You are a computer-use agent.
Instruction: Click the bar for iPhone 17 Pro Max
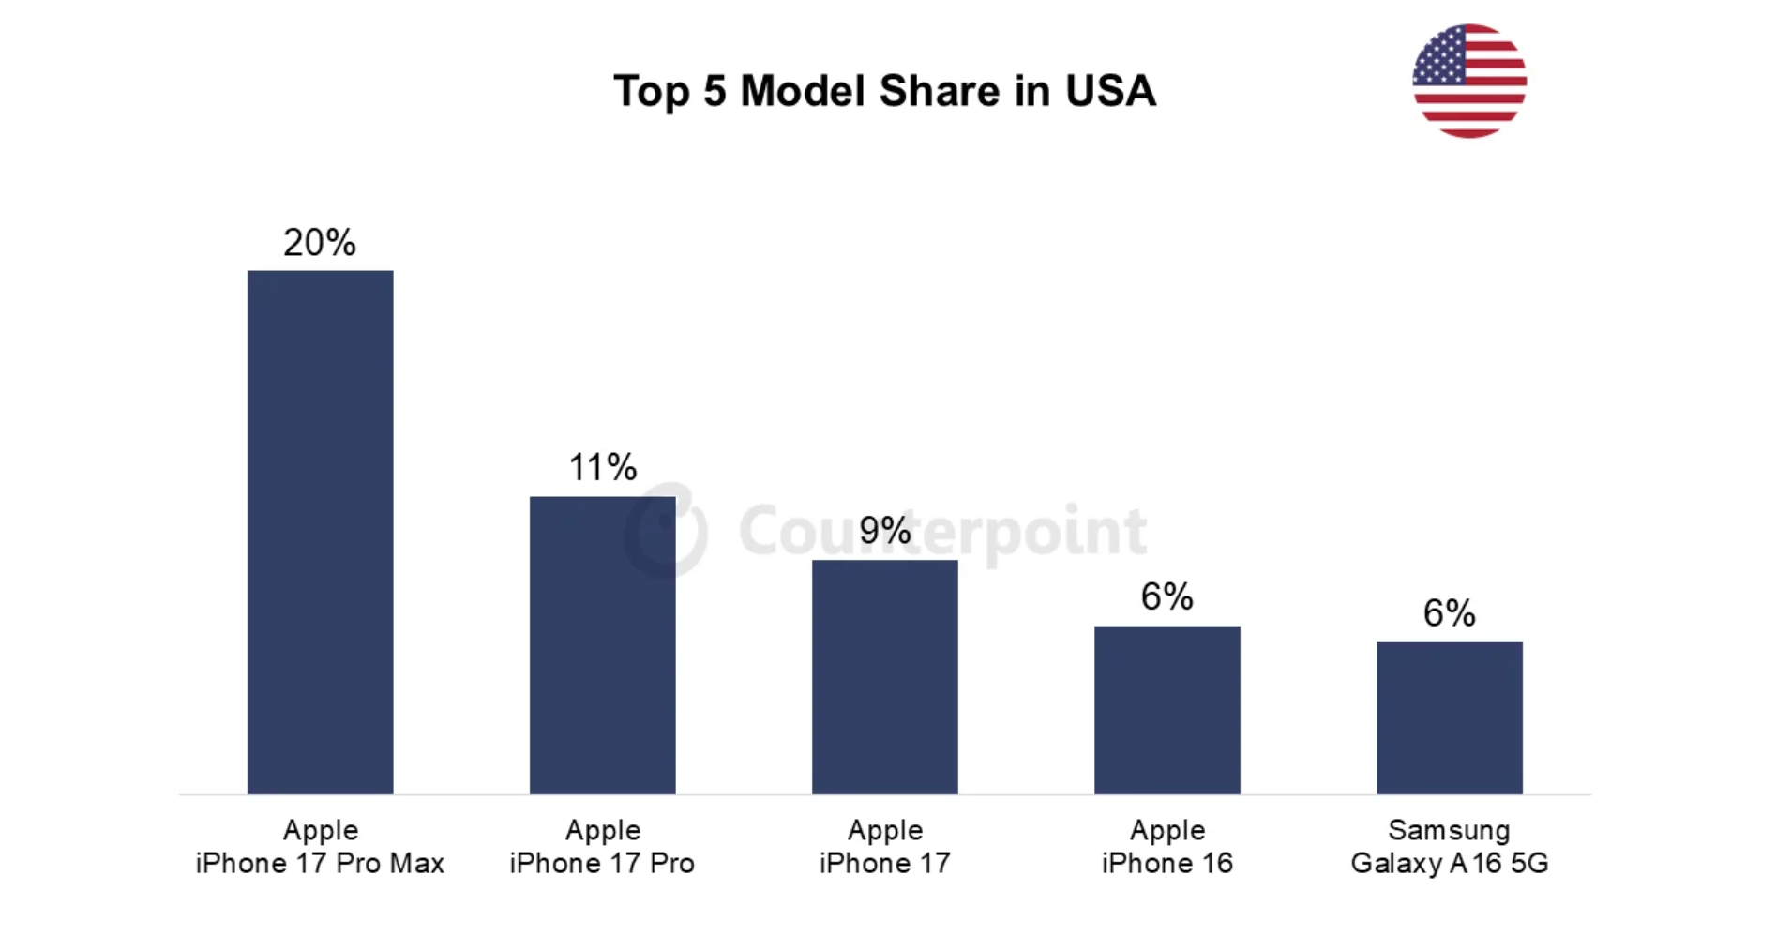(x=320, y=532)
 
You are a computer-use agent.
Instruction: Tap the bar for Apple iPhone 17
(x=884, y=677)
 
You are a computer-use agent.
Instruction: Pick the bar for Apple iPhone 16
(x=1166, y=710)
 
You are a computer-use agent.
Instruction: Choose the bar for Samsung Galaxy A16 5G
(x=1449, y=717)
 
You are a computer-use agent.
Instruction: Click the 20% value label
(x=320, y=243)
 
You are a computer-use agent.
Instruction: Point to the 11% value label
(x=602, y=467)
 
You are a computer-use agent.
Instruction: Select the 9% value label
(x=884, y=531)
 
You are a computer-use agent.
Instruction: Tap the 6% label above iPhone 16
(x=1166, y=596)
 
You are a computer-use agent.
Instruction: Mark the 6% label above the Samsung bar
(x=1449, y=613)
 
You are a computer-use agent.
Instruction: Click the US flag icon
(x=1468, y=82)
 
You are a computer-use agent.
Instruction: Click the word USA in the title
(x=1109, y=91)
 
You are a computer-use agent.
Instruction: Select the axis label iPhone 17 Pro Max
(x=320, y=863)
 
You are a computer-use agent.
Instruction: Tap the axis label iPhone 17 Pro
(x=602, y=863)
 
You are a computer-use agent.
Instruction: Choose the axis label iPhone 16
(x=1166, y=863)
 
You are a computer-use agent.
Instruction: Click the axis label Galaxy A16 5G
(x=1449, y=863)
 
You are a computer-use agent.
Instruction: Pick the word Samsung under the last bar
(x=1449, y=830)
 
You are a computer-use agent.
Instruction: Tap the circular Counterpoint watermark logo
(x=666, y=531)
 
